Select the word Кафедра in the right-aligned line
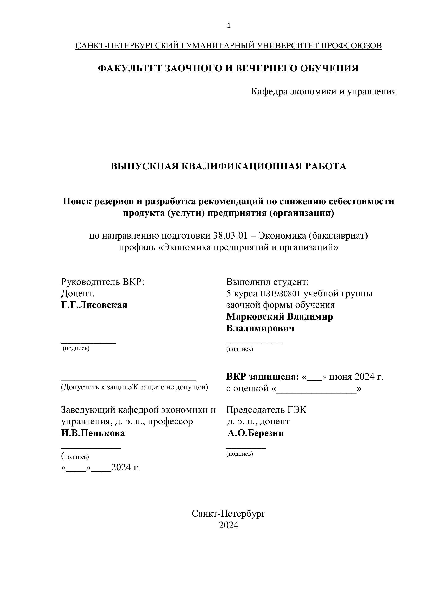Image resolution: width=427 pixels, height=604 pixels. point(269,92)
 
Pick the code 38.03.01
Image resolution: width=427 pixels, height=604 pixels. point(230,236)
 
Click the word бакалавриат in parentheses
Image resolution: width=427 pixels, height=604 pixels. point(338,236)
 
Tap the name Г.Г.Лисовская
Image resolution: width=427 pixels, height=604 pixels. point(94,305)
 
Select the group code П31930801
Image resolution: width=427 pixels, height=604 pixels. point(280,294)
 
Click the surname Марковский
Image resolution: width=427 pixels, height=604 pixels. point(255,316)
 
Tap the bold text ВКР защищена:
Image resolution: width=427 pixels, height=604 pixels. point(262,377)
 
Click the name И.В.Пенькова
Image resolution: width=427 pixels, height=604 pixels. point(93,433)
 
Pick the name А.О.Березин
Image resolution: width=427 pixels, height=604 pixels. point(256,433)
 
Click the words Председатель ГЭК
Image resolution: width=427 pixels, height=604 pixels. point(266,410)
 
